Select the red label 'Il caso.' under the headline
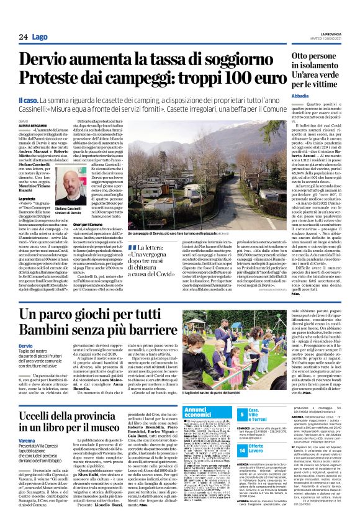pos(28,99)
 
